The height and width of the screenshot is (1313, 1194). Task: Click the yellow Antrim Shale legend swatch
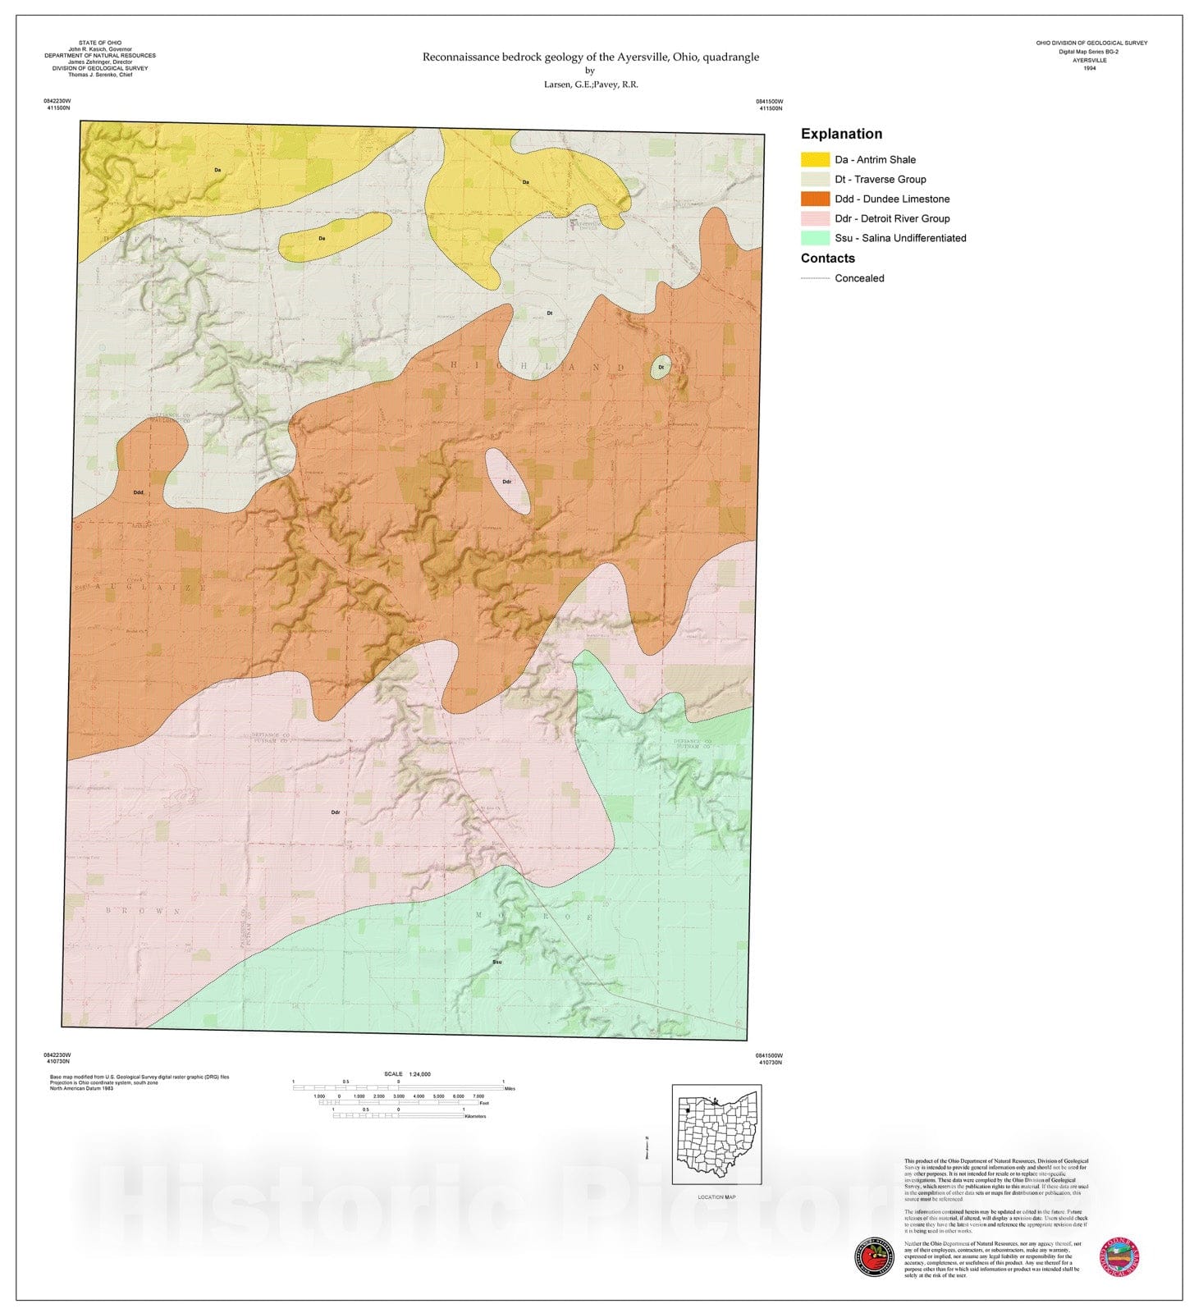pyautogui.click(x=815, y=159)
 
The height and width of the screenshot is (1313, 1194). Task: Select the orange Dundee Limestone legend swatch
pyautogui.click(x=815, y=199)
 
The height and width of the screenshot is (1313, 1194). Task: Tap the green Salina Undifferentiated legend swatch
pyautogui.click(x=815, y=238)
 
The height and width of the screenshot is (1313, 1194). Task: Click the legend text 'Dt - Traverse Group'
pyautogui.click(x=880, y=179)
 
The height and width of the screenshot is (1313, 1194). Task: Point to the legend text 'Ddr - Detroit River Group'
pyautogui.click(x=892, y=218)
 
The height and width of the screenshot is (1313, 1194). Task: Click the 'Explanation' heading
pyautogui.click(x=841, y=134)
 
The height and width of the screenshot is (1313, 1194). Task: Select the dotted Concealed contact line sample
pyautogui.click(x=815, y=278)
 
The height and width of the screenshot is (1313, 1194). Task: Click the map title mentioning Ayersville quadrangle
pyautogui.click(x=590, y=57)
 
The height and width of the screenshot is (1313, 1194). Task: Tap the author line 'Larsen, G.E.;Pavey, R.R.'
pyautogui.click(x=590, y=85)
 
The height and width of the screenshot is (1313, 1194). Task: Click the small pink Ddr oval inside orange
pyautogui.click(x=507, y=482)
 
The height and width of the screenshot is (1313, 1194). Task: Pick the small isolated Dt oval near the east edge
pyautogui.click(x=661, y=367)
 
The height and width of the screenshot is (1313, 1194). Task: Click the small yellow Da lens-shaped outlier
pyautogui.click(x=334, y=237)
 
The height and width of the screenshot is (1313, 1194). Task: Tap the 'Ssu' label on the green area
pyautogui.click(x=496, y=961)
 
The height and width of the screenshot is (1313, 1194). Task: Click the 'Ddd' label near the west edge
pyautogui.click(x=139, y=492)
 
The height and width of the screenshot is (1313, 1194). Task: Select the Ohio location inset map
pyautogui.click(x=716, y=1134)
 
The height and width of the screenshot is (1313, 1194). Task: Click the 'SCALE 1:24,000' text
pyautogui.click(x=407, y=1073)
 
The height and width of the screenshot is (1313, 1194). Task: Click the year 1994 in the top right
pyautogui.click(x=1090, y=68)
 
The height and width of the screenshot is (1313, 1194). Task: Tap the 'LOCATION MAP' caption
pyautogui.click(x=716, y=1196)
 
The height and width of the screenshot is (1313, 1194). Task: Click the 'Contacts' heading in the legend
pyautogui.click(x=827, y=258)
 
